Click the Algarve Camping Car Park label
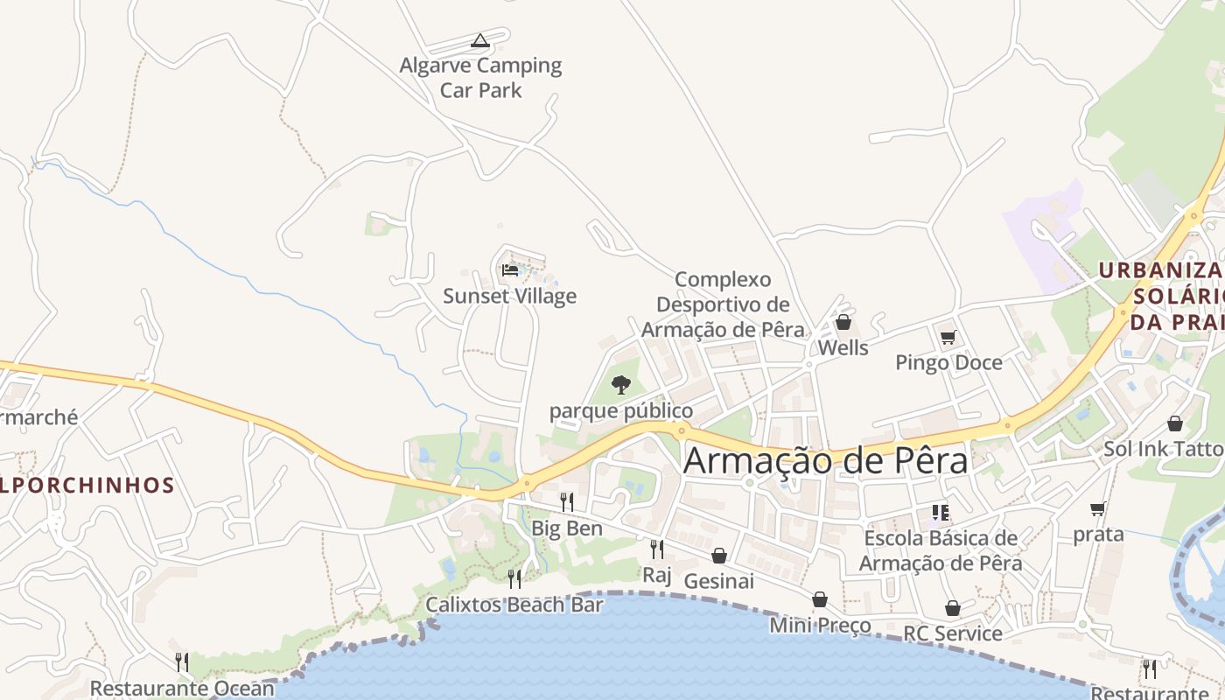pyautogui.click(x=480, y=77)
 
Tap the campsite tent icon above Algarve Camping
pyautogui.click(x=479, y=40)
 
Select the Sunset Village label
pyautogui.click(x=509, y=296)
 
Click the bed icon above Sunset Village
pyautogui.click(x=510, y=269)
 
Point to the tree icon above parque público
pyautogui.click(x=620, y=384)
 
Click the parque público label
pyautogui.click(x=620, y=410)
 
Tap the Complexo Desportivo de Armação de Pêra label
pyautogui.click(x=723, y=304)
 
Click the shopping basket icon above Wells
pyautogui.click(x=843, y=322)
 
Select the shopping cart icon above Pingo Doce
pyautogui.click(x=948, y=337)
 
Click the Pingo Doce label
pyautogui.click(x=948, y=362)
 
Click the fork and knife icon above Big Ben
pyautogui.click(x=567, y=501)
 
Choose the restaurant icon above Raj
pyautogui.click(x=656, y=549)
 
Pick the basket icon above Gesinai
pyautogui.click(x=718, y=556)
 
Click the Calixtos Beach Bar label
pyautogui.click(x=514, y=605)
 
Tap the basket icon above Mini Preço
pyautogui.click(x=820, y=599)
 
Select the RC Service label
pyautogui.click(x=953, y=633)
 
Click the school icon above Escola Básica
pyautogui.click(x=941, y=512)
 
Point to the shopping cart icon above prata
pyautogui.click(x=1098, y=508)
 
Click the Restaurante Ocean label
pyautogui.click(x=182, y=689)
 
